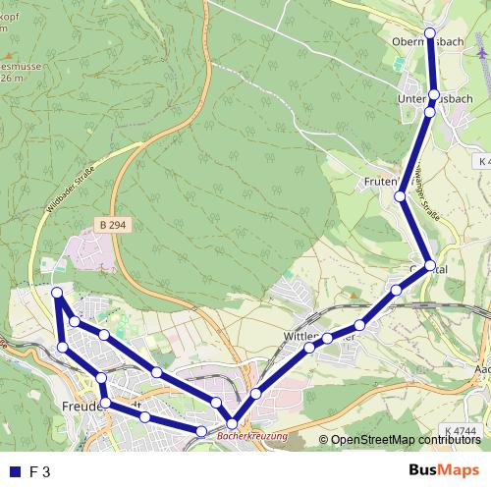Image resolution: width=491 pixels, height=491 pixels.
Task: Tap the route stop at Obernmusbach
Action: pos(429,33)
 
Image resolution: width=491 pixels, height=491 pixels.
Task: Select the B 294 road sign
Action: pos(114,226)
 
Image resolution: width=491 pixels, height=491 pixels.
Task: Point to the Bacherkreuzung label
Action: pos(252,433)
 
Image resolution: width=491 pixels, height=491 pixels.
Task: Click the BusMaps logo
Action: pos(444,470)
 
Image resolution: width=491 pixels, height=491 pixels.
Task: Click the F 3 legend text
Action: pos(39,471)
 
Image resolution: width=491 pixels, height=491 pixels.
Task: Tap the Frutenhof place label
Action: pos(381,184)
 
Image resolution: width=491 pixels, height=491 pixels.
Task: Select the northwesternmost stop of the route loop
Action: pos(57,293)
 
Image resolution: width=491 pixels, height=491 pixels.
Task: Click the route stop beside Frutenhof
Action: pos(401,196)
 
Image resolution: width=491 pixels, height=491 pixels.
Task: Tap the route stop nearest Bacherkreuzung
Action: pos(230,422)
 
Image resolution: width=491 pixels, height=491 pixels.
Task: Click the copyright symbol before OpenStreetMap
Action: pos(323,440)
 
